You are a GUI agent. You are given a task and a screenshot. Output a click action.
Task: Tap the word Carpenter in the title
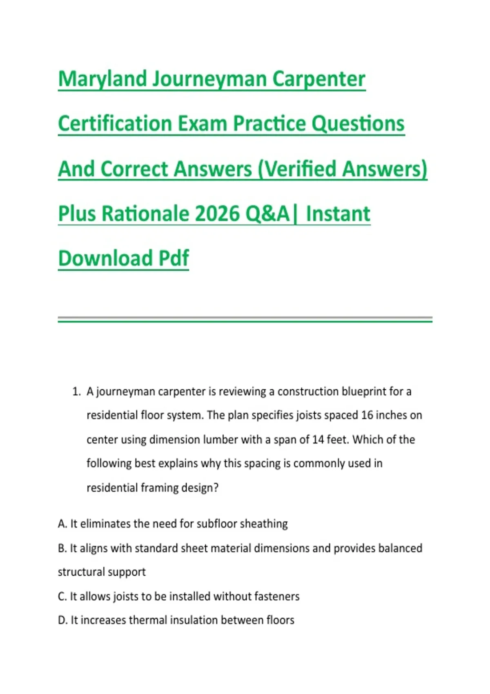pos(319,80)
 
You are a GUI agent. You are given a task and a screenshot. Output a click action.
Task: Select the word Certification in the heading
pos(115,123)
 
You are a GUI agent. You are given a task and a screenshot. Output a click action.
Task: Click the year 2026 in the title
pos(217,214)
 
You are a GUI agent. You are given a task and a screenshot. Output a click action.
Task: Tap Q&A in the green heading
pos(267,214)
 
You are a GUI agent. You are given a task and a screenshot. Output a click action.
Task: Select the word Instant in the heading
pos(338,214)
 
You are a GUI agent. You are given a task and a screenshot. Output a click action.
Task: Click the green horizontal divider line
pos(245,322)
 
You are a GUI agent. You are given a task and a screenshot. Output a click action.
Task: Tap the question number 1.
pos(76,391)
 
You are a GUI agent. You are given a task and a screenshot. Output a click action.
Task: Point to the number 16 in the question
pos(367,416)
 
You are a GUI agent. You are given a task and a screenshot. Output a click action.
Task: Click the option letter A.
pos(62,524)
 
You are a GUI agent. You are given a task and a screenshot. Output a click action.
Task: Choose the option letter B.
pos(62,548)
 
